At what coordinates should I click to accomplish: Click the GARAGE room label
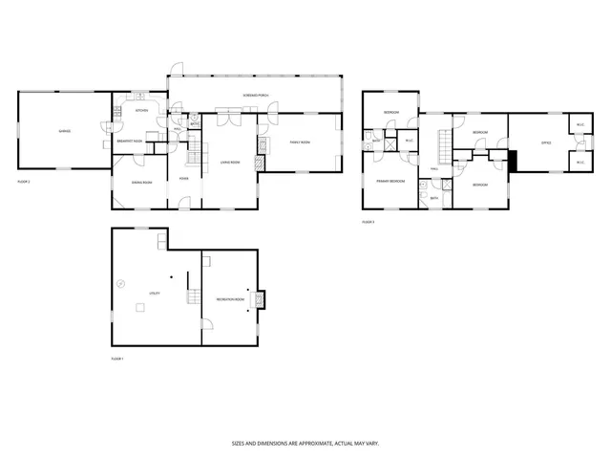click(64, 130)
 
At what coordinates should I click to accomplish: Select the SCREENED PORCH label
click(254, 97)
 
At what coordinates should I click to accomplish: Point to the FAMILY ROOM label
click(300, 142)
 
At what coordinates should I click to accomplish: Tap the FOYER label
click(182, 177)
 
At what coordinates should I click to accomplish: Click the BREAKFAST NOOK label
click(130, 142)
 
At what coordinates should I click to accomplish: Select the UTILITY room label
click(154, 292)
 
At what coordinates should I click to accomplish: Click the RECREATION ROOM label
click(230, 299)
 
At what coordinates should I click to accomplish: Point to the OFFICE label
click(546, 143)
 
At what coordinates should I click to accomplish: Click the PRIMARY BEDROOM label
click(390, 180)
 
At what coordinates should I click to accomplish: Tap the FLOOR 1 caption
click(118, 358)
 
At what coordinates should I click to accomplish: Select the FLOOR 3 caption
click(368, 221)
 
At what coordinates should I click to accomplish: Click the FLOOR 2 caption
click(24, 181)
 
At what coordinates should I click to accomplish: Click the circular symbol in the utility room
click(121, 282)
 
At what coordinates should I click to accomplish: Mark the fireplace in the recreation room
click(263, 299)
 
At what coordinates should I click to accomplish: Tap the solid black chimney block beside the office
click(513, 162)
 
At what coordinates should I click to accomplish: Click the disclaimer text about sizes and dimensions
click(305, 443)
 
